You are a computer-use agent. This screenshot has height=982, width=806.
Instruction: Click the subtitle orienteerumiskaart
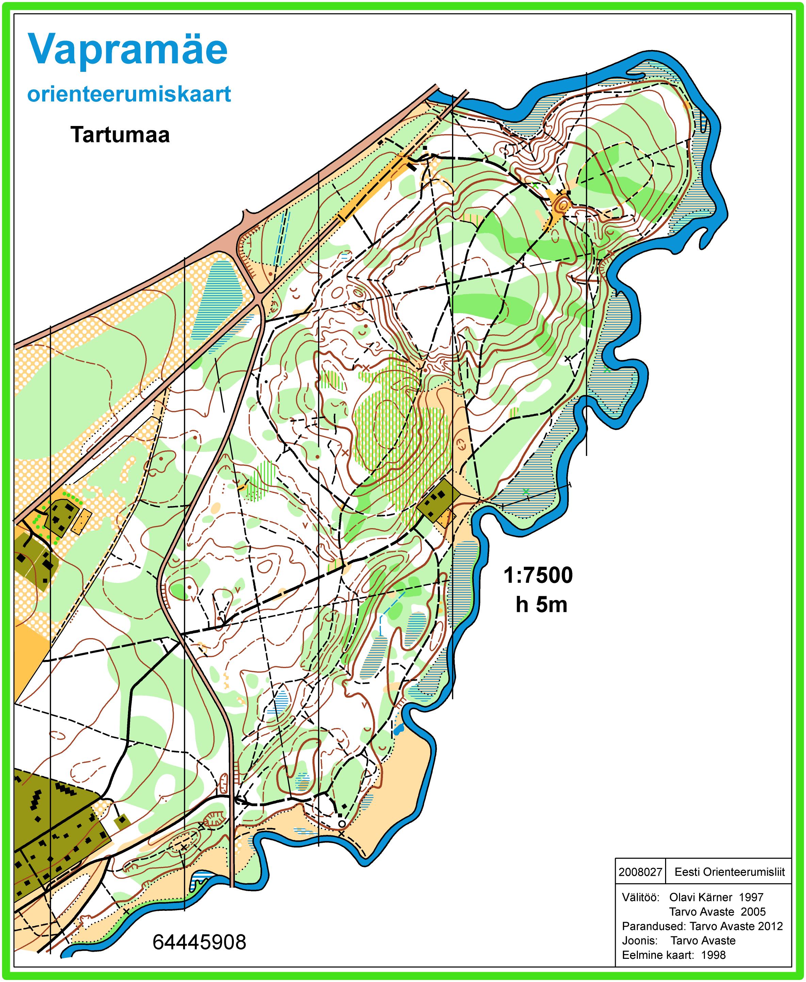pyautogui.click(x=129, y=94)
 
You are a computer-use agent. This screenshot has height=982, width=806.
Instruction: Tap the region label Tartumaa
pyautogui.click(x=120, y=135)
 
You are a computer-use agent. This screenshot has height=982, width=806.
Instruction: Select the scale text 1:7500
pyautogui.click(x=538, y=575)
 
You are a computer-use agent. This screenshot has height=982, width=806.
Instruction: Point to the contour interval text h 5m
pyautogui.click(x=541, y=605)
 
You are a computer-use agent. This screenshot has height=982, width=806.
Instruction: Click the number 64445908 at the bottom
pyautogui.click(x=199, y=943)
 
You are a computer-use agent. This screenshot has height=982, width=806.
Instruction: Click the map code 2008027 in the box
pyautogui.click(x=640, y=872)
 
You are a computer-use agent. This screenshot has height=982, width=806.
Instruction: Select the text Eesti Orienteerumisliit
pyautogui.click(x=729, y=872)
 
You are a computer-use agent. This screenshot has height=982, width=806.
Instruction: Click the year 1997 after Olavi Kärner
pyautogui.click(x=751, y=898)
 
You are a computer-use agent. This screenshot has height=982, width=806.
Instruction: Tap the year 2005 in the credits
pyautogui.click(x=753, y=912)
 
